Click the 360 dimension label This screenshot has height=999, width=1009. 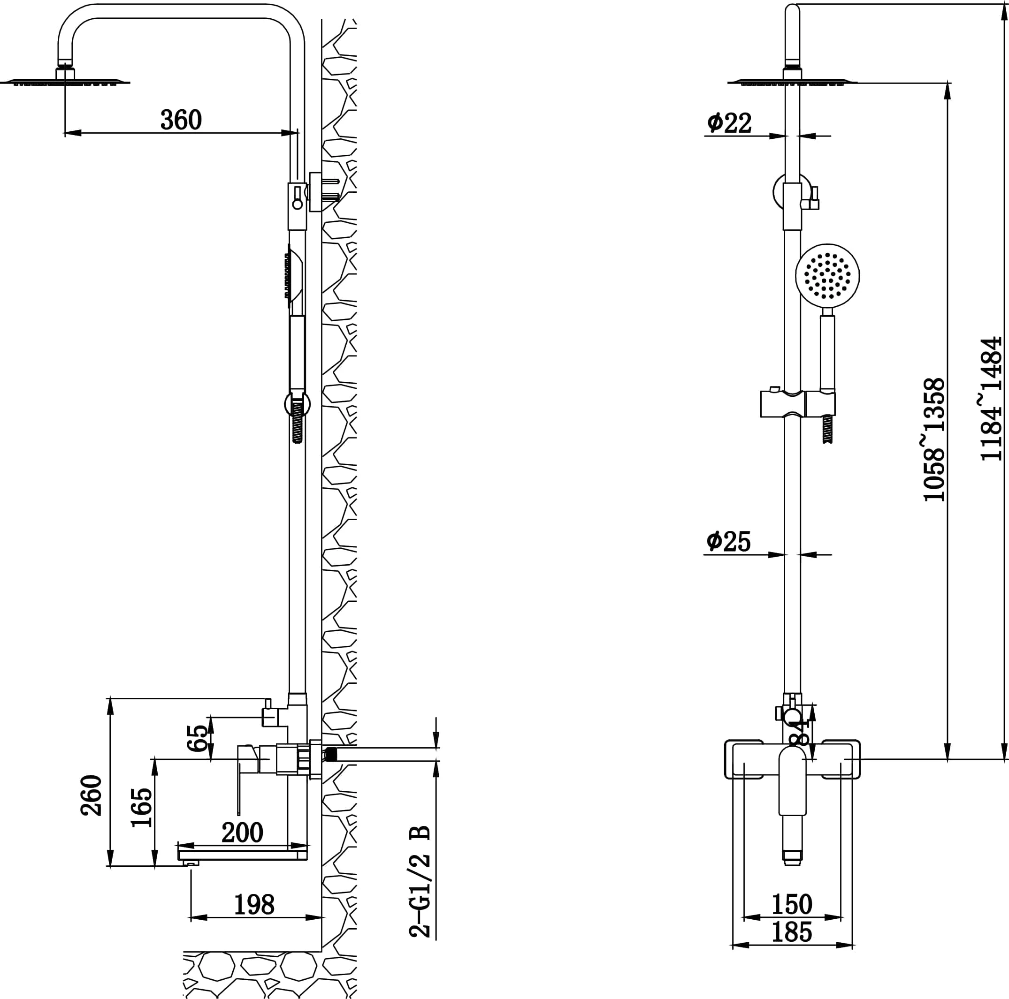[x=181, y=120]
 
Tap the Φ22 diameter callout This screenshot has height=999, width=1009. [x=729, y=123]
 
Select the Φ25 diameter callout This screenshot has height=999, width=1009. [x=728, y=541]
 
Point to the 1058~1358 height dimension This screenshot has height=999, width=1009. [x=934, y=439]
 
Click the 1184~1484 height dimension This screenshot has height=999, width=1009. [x=991, y=399]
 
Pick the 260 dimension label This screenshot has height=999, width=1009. [x=92, y=795]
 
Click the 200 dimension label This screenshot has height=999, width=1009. [x=242, y=832]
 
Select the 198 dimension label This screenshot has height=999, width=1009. [x=254, y=905]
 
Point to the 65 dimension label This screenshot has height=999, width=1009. [x=198, y=737]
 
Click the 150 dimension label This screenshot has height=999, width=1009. [x=792, y=904]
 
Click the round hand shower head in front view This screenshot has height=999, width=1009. [x=827, y=275]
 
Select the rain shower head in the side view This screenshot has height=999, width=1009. [x=65, y=82]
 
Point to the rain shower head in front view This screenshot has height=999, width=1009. [x=792, y=82]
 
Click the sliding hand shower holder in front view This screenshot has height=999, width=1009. [x=797, y=404]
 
